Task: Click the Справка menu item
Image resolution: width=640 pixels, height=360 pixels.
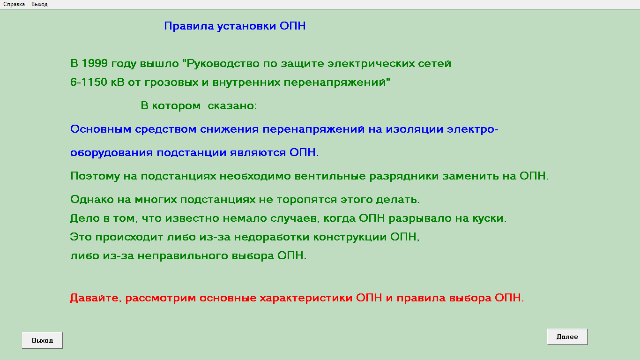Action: (14, 4)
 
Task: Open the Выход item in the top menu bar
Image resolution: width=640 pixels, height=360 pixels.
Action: (39, 4)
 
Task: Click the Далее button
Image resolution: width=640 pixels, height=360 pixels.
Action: (567, 337)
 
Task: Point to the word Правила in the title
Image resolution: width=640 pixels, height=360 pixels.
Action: (189, 26)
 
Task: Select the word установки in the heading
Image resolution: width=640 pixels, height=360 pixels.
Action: (246, 26)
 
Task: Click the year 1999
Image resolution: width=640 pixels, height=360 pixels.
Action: (95, 63)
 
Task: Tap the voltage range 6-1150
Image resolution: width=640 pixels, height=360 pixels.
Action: (89, 82)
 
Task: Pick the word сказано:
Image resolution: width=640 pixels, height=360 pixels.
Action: (232, 106)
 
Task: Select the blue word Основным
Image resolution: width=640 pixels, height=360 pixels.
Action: (101, 129)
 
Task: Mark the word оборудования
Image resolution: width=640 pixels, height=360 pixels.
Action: (112, 153)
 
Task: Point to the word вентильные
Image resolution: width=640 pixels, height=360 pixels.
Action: (330, 176)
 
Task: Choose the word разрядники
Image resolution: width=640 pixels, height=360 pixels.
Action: (404, 176)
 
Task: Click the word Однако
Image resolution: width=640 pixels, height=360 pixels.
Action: (92, 199)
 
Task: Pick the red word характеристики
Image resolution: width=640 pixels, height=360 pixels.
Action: (306, 298)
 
